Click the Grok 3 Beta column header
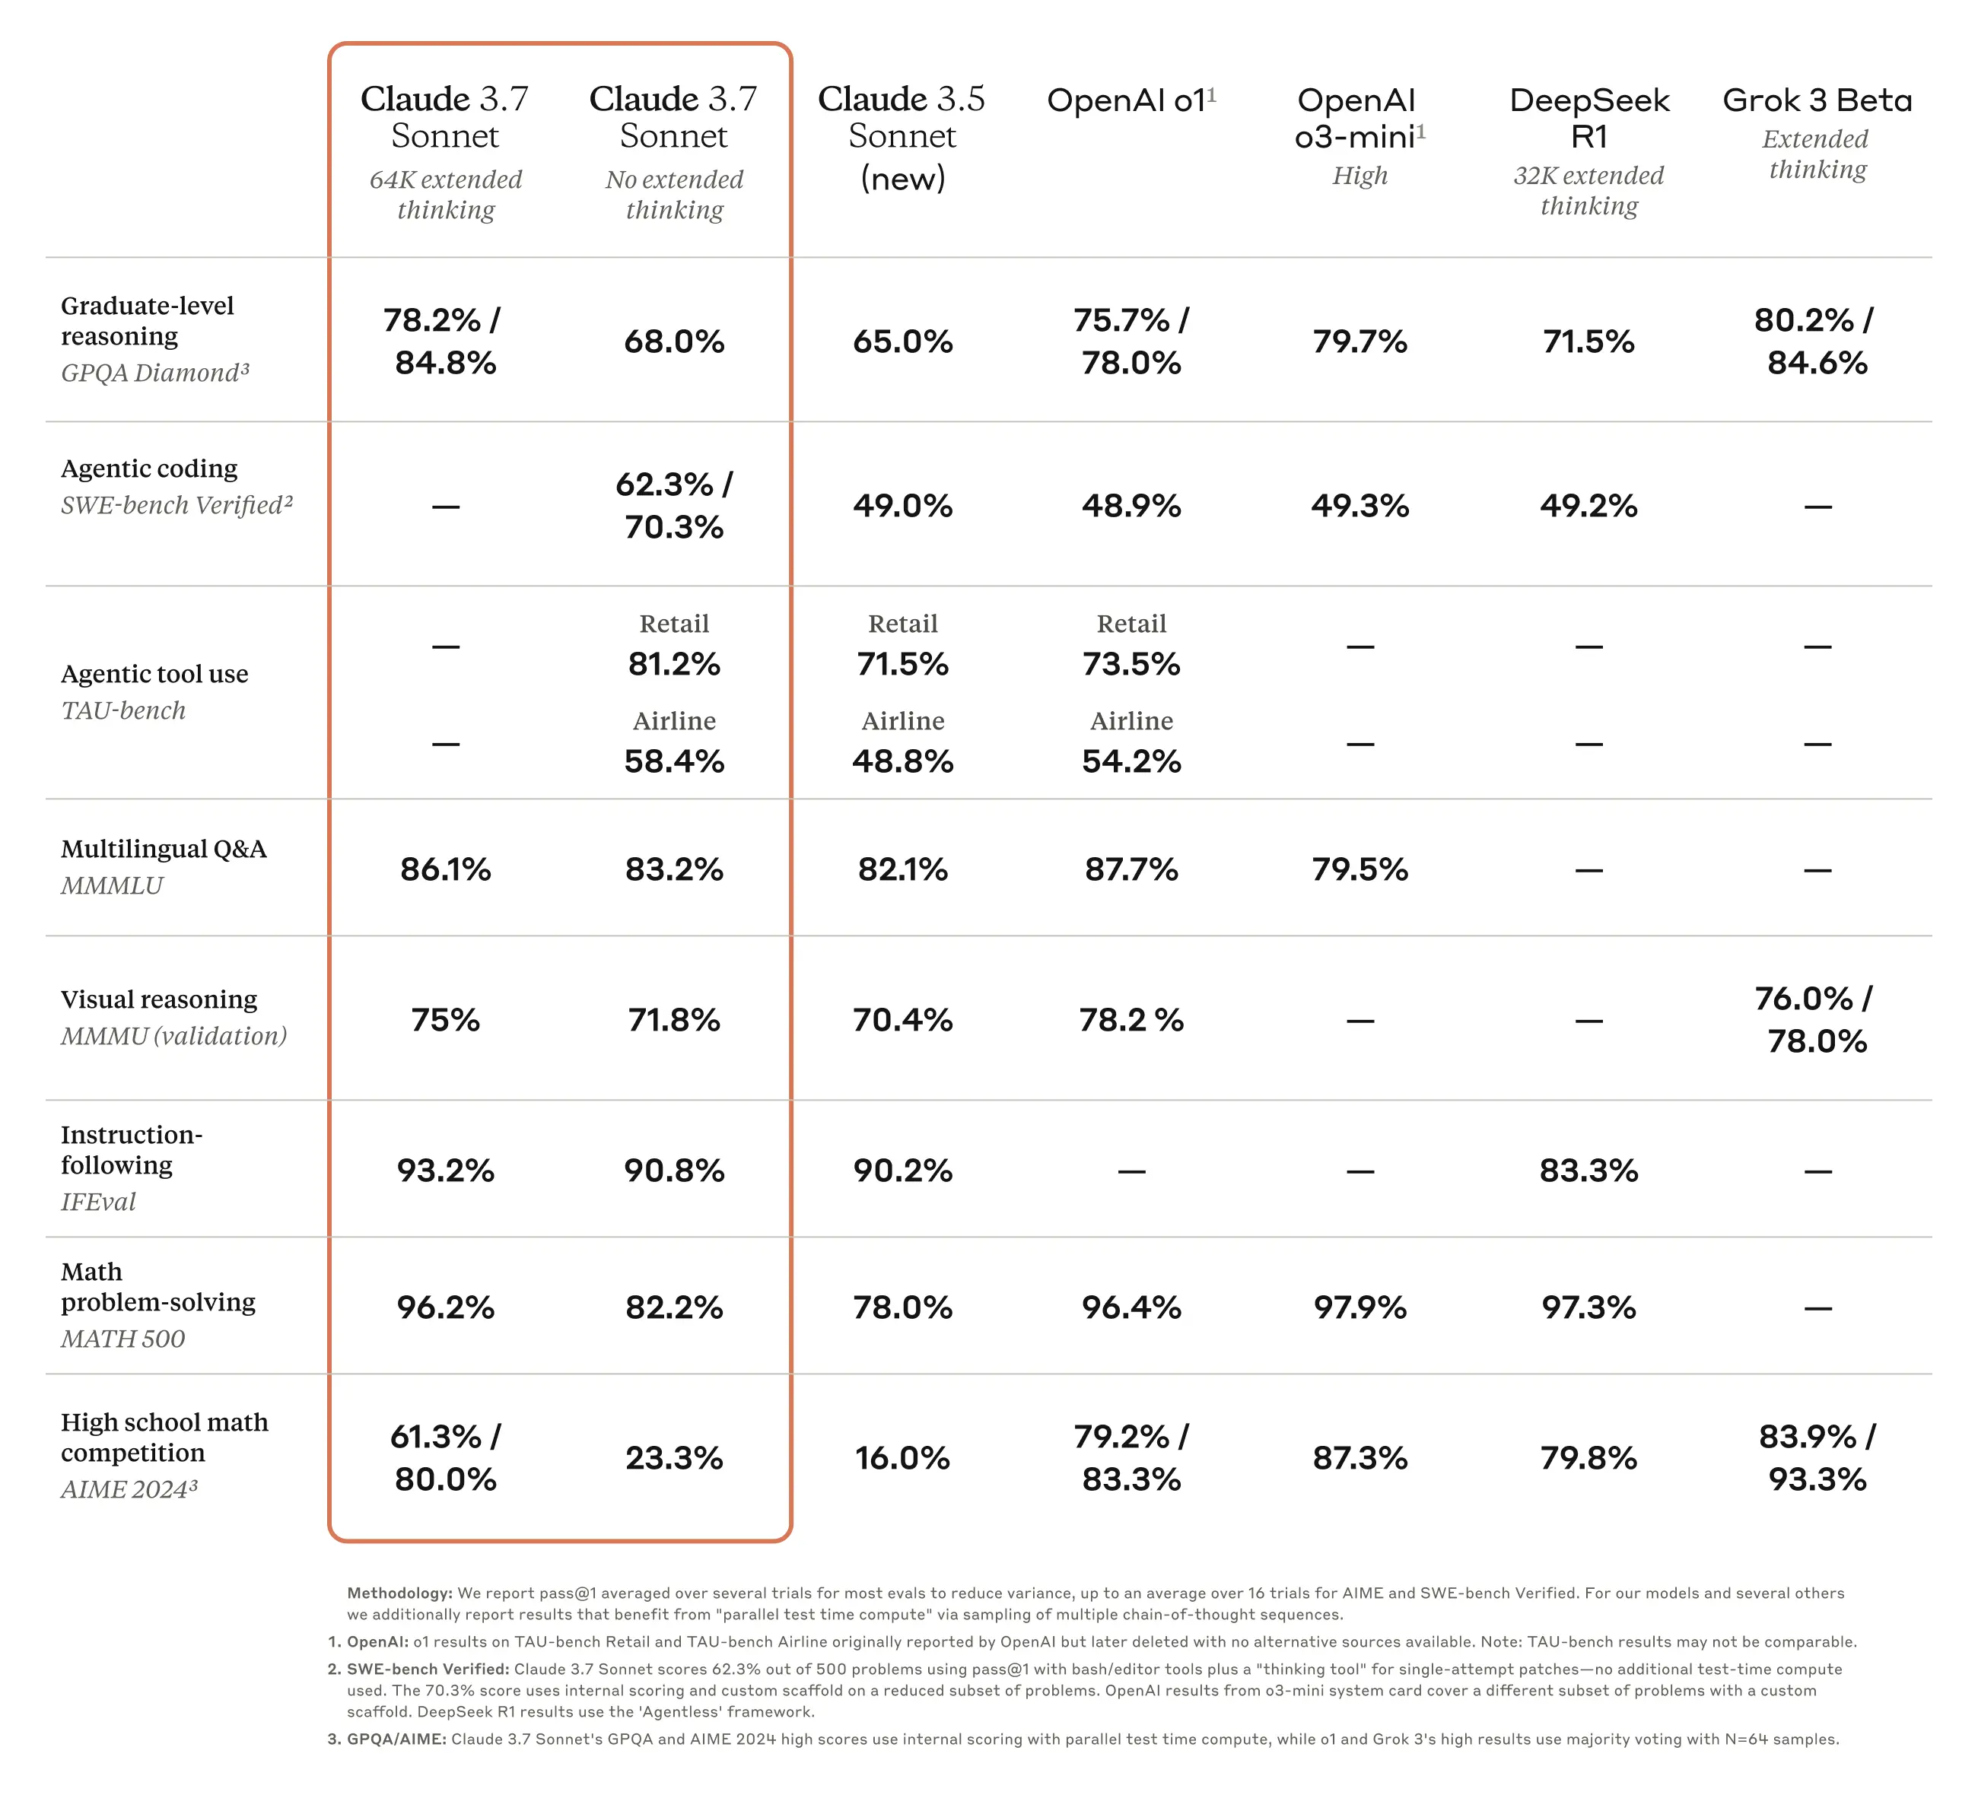click(x=1817, y=100)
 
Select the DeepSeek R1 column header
click(x=1588, y=118)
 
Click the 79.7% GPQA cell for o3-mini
click(x=1360, y=342)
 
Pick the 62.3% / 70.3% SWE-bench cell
click(x=674, y=505)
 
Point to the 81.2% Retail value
click(x=674, y=664)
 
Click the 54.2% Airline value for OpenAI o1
click(x=1131, y=761)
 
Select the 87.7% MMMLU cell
click(x=1131, y=869)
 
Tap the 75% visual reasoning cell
click(x=446, y=1020)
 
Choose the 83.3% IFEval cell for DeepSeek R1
click(x=1588, y=1171)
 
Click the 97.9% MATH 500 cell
click(x=1360, y=1307)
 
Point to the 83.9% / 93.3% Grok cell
click(x=1817, y=1457)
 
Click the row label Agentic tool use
click(x=154, y=674)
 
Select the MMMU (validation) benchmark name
click(x=173, y=1036)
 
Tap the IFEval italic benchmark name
click(x=98, y=1202)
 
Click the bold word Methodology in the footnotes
click(x=399, y=1593)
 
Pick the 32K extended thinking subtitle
click(x=1588, y=190)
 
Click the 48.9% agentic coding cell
click(x=1131, y=505)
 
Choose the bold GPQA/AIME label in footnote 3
click(x=396, y=1739)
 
